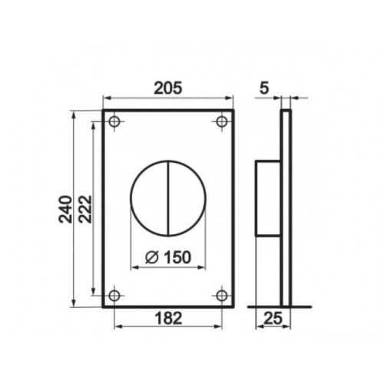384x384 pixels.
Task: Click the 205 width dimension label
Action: coord(168,88)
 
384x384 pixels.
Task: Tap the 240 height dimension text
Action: coord(65,209)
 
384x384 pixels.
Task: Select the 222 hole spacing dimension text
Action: coord(84,209)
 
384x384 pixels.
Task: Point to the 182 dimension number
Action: coord(168,318)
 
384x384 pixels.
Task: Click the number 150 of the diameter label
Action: coord(177,257)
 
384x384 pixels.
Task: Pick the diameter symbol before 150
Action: coord(151,257)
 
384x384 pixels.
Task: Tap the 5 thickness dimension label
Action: coord(264,88)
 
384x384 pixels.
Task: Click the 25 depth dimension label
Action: coord(273,318)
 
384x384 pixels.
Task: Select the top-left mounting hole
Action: coord(114,121)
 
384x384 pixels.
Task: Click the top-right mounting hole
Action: coord(222,121)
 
